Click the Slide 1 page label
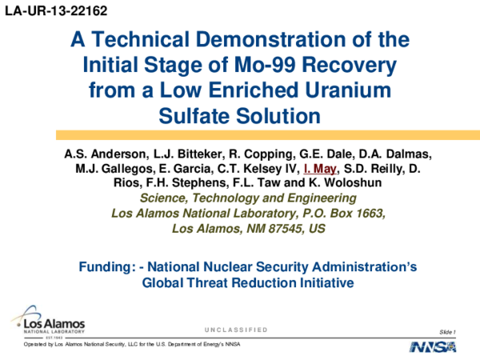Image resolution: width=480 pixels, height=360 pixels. [448, 330]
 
